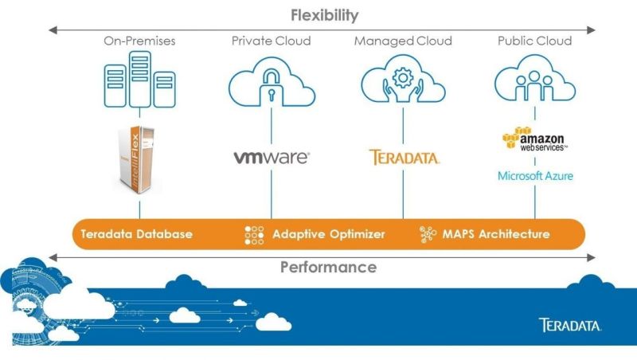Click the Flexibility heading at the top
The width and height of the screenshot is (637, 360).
coord(324,15)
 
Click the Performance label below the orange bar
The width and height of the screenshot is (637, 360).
coord(327,267)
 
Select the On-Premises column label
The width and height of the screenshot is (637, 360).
coord(139,41)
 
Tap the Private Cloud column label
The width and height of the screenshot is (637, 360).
coord(271,41)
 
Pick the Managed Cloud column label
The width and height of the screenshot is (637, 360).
coord(403,41)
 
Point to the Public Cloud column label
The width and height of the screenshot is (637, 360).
coord(534,41)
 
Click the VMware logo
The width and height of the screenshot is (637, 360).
coord(271,157)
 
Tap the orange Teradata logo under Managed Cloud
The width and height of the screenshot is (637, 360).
coord(404,157)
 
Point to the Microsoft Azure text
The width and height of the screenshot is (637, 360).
coord(534,175)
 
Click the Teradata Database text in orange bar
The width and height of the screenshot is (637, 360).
coord(135,234)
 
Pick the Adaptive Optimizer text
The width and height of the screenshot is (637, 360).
coord(328,234)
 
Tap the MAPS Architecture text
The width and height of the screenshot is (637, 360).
coord(495,234)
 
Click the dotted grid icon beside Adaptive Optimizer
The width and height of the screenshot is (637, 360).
coord(253,235)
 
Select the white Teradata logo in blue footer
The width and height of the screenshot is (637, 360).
coord(569,325)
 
